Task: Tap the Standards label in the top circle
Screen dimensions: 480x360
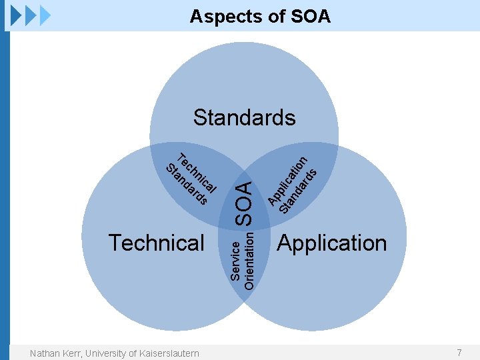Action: (x=244, y=118)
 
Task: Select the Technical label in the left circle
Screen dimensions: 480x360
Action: (x=157, y=243)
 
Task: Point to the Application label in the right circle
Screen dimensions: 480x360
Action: (x=331, y=243)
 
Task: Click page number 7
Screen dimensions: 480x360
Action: (x=459, y=352)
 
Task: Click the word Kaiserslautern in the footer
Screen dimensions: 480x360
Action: (x=167, y=353)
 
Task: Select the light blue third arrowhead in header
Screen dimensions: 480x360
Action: (x=45, y=15)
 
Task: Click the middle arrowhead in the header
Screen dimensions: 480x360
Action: (x=31, y=15)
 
